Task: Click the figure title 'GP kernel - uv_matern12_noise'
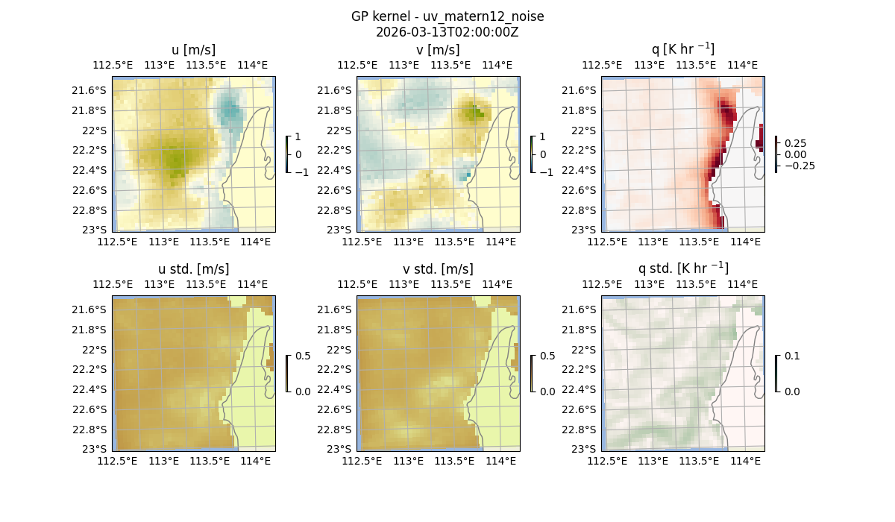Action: (x=447, y=16)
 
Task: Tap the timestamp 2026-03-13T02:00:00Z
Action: (x=447, y=32)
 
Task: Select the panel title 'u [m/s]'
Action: (x=194, y=50)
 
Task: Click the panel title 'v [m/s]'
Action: (x=439, y=50)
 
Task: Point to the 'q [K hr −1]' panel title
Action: (x=683, y=49)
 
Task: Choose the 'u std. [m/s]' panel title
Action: (x=194, y=269)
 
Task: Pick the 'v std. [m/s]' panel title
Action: (x=439, y=269)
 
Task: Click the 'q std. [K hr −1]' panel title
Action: (x=683, y=268)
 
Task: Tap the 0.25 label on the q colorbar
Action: (x=800, y=142)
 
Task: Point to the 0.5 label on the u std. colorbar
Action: (x=303, y=356)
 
